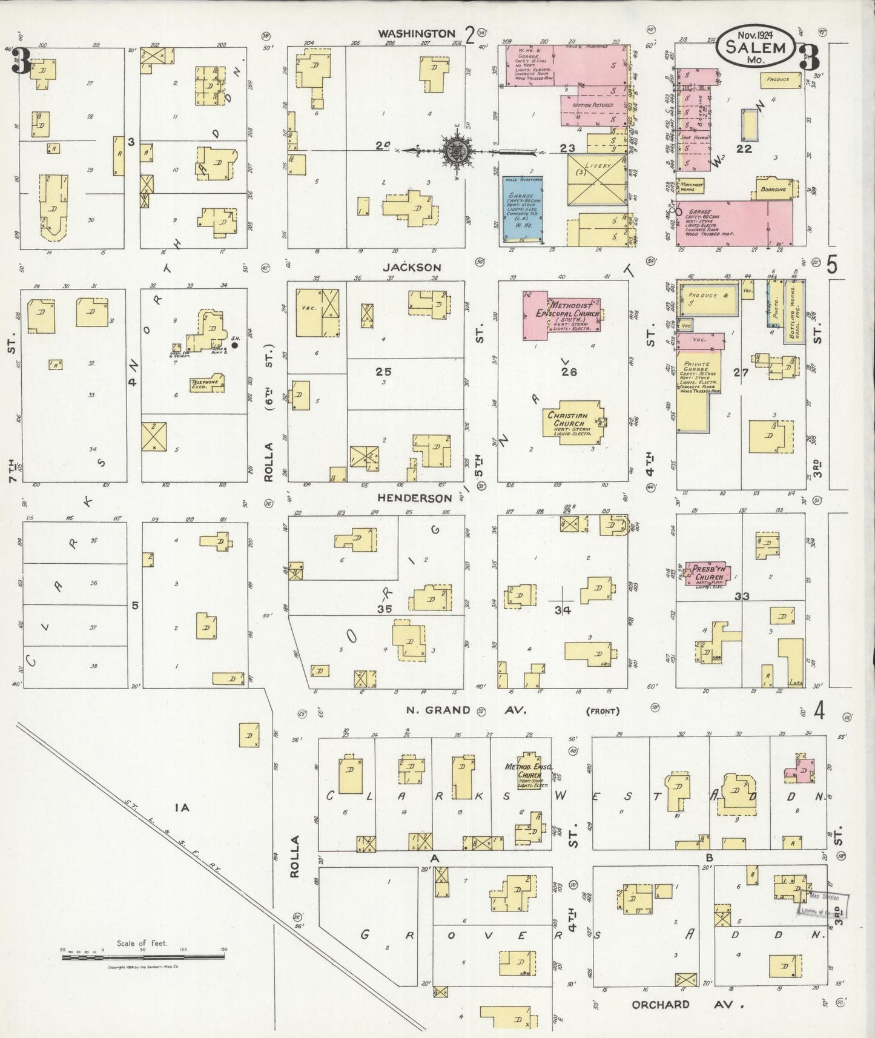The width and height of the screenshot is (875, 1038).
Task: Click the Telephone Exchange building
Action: (206, 383)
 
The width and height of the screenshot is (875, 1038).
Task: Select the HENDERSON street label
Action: (415, 498)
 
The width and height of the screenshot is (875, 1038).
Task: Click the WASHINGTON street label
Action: (416, 34)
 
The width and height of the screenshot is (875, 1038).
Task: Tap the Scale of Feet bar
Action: (142, 957)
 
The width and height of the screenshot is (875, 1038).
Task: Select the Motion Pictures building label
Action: (592, 105)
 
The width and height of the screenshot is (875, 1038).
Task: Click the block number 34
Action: (563, 610)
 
